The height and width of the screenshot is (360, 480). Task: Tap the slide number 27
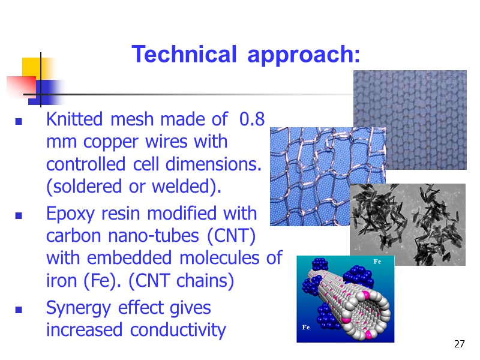click(x=460, y=344)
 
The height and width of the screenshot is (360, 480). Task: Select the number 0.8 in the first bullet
click(x=251, y=119)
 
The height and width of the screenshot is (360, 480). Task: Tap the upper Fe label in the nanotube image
click(x=377, y=262)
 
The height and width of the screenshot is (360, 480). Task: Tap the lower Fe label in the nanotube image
click(x=307, y=328)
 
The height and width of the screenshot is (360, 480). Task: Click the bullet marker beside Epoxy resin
click(x=19, y=215)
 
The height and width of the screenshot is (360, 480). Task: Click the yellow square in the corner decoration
click(x=33, y=67)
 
